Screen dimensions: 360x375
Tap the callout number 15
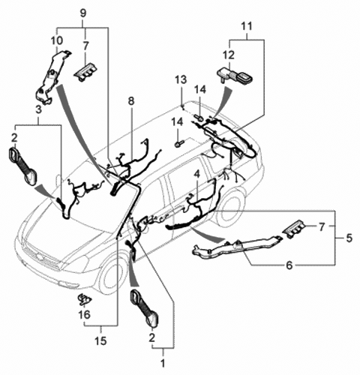[x=101, y=340]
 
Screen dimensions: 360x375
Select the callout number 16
[x=85, y=314]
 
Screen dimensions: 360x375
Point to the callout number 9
[x=83, y=13]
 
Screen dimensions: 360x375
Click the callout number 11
[x=247, y=26]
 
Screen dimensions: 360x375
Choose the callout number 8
[x=131, y=101]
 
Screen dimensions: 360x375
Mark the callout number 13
[x=181, y=79]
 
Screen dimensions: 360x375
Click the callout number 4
[x=197, y=174]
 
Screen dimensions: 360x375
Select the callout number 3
[x=38, y=109]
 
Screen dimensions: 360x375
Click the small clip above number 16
[x=84, y=299]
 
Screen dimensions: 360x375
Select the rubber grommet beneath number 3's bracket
[x=22, y=166]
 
